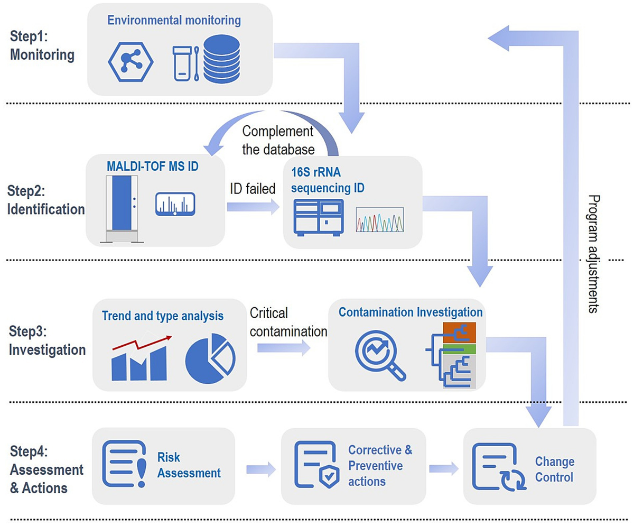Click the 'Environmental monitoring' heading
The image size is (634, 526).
(174, 21)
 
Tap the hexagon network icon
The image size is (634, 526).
(130, 61)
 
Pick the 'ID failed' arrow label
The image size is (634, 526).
(253, 189)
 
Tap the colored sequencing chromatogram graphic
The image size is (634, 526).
(380, 219)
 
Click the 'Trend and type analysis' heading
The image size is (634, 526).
(163, 316)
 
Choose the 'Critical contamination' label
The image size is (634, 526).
(288, 322)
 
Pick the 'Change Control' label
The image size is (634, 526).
(554, 469)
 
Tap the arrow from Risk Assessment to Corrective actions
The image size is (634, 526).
(261, 468)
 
